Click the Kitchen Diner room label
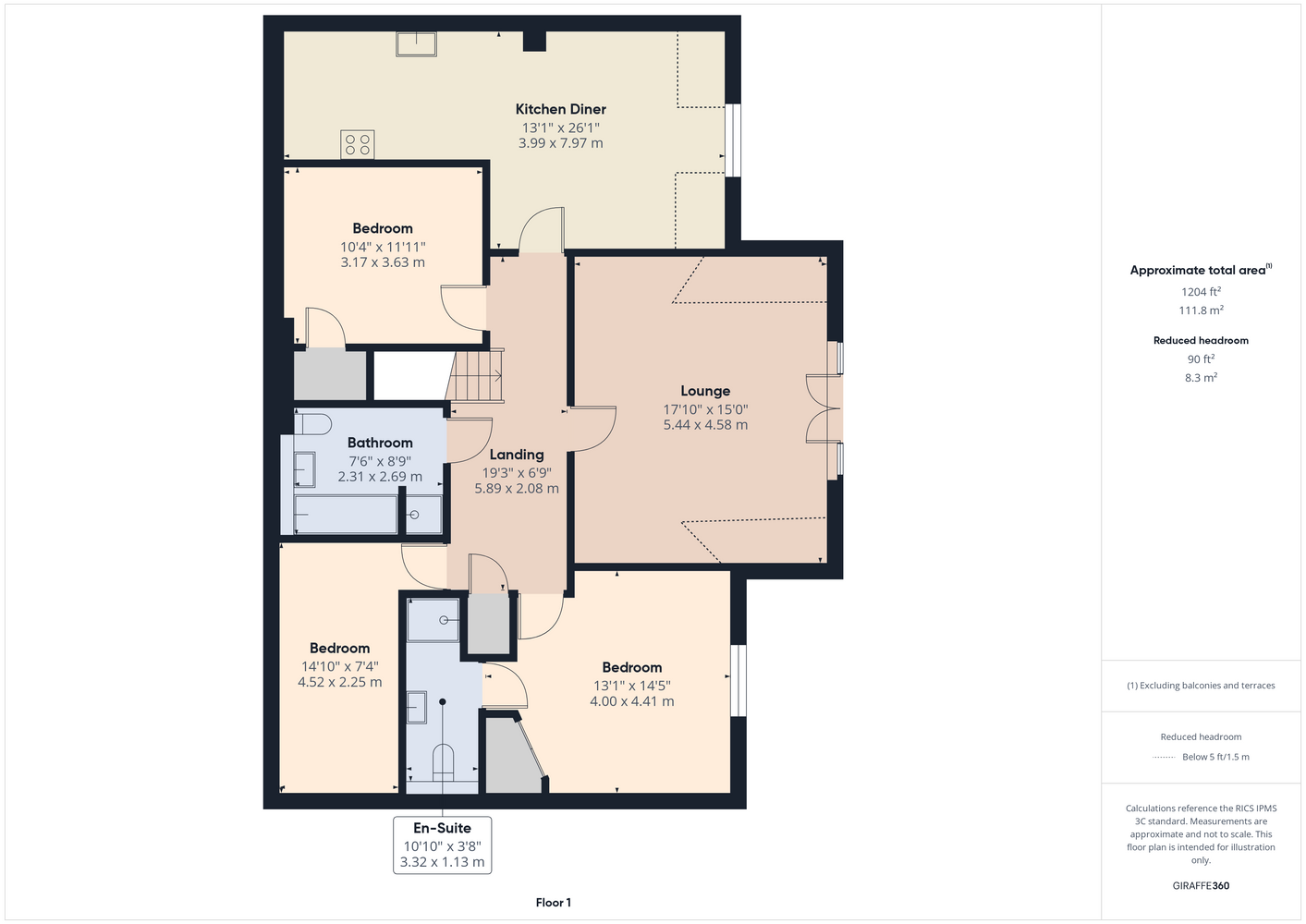pos(560,109)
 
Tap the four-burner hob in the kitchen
pos(358,144)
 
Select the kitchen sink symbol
pos(416,43)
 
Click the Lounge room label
pos(705,391)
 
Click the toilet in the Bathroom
pos(313,424)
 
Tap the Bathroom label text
pos(380,443)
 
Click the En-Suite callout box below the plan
pos(442,845)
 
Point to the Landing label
pos(517,454)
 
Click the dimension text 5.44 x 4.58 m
pos(705,425)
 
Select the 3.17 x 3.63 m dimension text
pos(383,262)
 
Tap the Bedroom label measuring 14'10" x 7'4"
pos(339,649)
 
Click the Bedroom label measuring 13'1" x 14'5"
pos(631,667)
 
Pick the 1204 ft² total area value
pos(1201,291)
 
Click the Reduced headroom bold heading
pos(1201,340)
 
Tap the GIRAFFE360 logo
pos(1201,885)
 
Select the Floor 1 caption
pos(554,903)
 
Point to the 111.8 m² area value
pos(1201,310)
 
